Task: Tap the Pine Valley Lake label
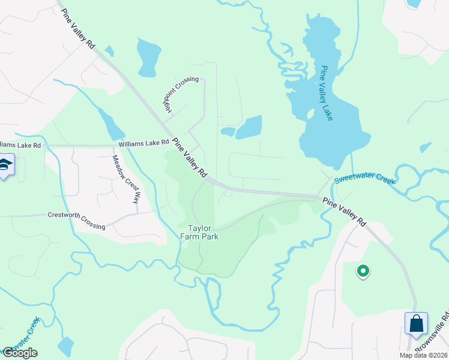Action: (x=327, y=93)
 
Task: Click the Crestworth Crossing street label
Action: (x=76, y=220)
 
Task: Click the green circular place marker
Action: (x=363, y=271)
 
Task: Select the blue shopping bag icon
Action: (x=416, y=324)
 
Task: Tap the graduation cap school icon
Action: (x=5, y=166)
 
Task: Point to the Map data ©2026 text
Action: (x=423, y=355)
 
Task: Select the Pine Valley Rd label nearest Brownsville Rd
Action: (x=344, y=211)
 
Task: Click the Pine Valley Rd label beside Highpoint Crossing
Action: (x=190, y=158)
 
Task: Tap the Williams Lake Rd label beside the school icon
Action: (x=20, y=145)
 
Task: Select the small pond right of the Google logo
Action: (x=65, y=346)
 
